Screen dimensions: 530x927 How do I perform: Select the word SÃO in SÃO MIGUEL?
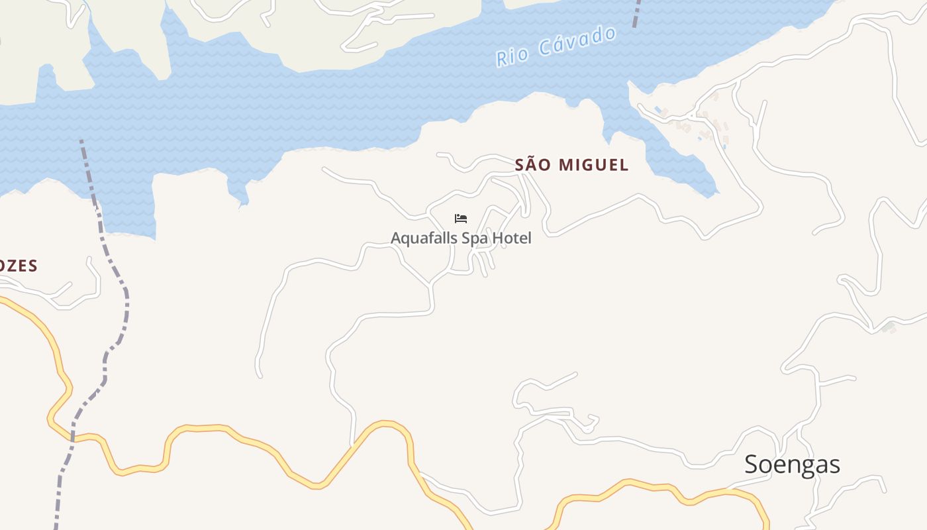pos(533,165)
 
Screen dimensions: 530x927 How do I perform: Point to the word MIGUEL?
pos(594,165)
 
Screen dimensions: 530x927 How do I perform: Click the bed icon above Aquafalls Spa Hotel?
pos(461,219)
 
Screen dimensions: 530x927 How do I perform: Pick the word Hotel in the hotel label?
pos(512,238)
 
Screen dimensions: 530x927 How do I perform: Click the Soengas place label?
pos(792,464)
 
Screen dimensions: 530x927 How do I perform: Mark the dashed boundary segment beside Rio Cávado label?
pos(637,13)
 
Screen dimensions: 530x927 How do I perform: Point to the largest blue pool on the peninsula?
pos(658,109)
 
